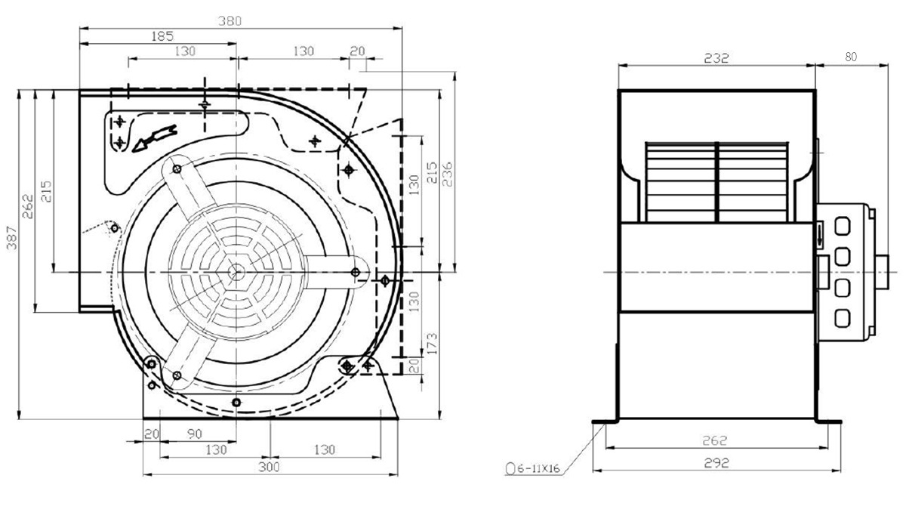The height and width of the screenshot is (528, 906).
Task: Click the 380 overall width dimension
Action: pyautogui.click(x=230, y=21)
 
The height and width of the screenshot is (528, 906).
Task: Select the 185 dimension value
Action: pyautogui.click(x=162, y=36)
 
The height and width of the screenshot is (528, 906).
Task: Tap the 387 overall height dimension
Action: pyautogui.click(x=12, y=237)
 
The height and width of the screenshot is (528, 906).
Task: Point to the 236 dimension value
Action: pyautogui.click(x=447, y=174)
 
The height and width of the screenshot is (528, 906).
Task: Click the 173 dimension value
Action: pyautogui.click(x=432, y=344)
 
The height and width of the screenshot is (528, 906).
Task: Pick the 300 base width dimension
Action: pyautogui.click(x=269, y=468)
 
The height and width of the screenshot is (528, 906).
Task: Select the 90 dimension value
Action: pyautogui.click(x=195, y=434)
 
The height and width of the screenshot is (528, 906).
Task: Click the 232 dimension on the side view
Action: pyautogui.click(x=716, y=58)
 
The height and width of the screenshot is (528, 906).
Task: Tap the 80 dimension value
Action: pyautogui.click(x=851, y=57)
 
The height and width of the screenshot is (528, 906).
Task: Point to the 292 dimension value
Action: pyautogui.click(x=716, y=463)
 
